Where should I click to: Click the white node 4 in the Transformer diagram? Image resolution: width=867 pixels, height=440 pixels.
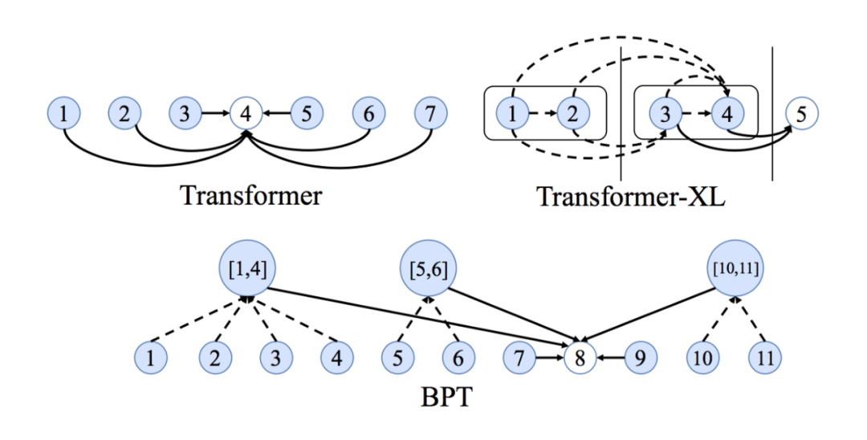pos(246,114)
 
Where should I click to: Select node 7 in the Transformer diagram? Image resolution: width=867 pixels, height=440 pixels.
pos(431,114)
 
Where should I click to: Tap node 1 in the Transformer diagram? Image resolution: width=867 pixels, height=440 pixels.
pos(63,114)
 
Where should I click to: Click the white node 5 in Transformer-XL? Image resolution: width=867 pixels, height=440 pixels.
pos(801,114)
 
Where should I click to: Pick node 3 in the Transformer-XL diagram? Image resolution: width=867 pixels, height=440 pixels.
pos(665,114)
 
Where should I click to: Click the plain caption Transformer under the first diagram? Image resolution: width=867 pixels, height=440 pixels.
pos(250,195)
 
